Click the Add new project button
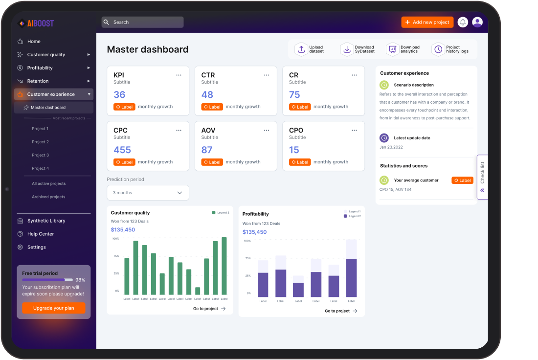click(427, 22)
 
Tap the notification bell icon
click(463, 22)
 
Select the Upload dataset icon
click(301, 49)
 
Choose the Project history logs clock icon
click(438, 49)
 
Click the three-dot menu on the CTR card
click(267, 75)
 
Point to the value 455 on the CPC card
click(122, 150)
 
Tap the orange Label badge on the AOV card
click(212, 162)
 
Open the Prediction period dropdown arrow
click(179, 193)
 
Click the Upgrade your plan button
click(54, 308)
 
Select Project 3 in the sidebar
click(41, 155)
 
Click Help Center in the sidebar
click(41, 234)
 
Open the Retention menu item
click(38, 81)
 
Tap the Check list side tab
click(482, 177)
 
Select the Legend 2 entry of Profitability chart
click(353, 216)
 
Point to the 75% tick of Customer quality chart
click(116, 256)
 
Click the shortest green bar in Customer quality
click(198, 291)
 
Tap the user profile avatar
click(477, 22)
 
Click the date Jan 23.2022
click(391, 147)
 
